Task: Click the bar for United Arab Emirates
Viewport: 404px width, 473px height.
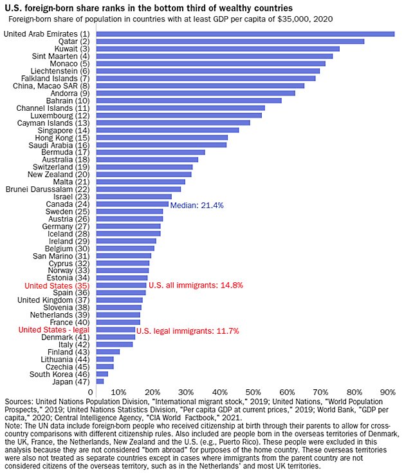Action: click(x=244, y=34)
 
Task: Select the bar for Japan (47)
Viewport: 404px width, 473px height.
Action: click(x=100, y=381)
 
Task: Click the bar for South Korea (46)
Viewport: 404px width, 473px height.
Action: click(x=102, y=374)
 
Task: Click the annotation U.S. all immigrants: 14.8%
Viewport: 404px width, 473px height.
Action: click(x=196, y=285)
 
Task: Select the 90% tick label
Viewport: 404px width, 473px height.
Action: click(x=387, y=392)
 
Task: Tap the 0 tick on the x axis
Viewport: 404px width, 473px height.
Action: click(x=89, y=392)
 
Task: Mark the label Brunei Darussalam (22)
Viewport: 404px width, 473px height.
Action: click(x=48, y=189)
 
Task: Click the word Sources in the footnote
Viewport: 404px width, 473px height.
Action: click(x=19, y=400)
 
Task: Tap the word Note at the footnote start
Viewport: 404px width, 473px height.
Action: click(x=13, y=426)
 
